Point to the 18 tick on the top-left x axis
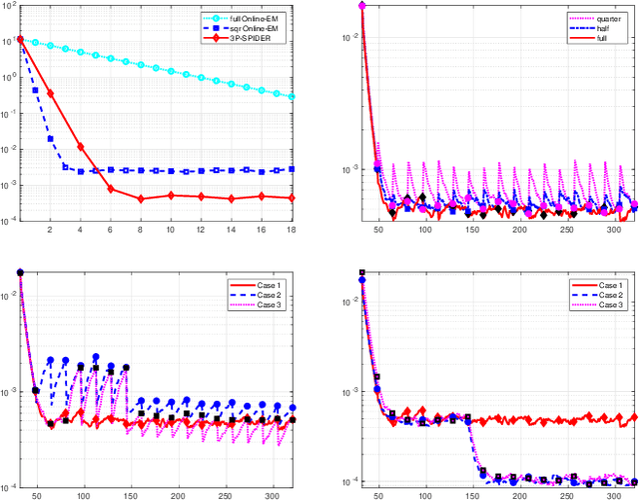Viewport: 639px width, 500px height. pyautogui.click(x=290, y=230)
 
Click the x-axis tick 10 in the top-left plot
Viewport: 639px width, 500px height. pyautogui.click(x=170, y=230)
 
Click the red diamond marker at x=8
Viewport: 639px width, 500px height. pyautogui.click(x=140, y=199)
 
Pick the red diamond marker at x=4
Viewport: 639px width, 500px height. pyautogui.click(x=80, y=148)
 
